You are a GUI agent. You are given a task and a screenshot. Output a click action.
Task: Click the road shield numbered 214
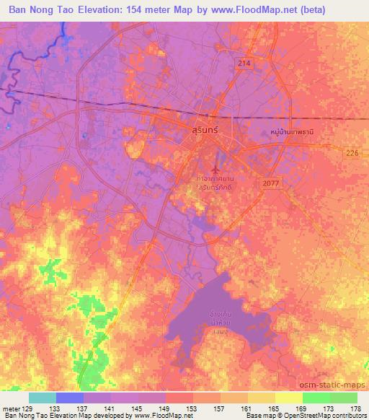(x=244, y=64)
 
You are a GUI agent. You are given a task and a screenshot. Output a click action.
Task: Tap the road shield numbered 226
(x=351, y=152)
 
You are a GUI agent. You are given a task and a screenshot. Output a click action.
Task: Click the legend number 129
(x=28, y=408)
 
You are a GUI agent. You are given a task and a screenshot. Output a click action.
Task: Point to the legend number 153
(x=192, y=408)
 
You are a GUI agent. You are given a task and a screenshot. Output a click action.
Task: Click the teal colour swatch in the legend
(x=42, y=398)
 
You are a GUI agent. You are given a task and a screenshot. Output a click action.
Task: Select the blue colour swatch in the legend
(x=69, y=398)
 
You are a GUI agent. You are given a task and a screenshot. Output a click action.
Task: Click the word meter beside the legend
(x=10, y=408)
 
